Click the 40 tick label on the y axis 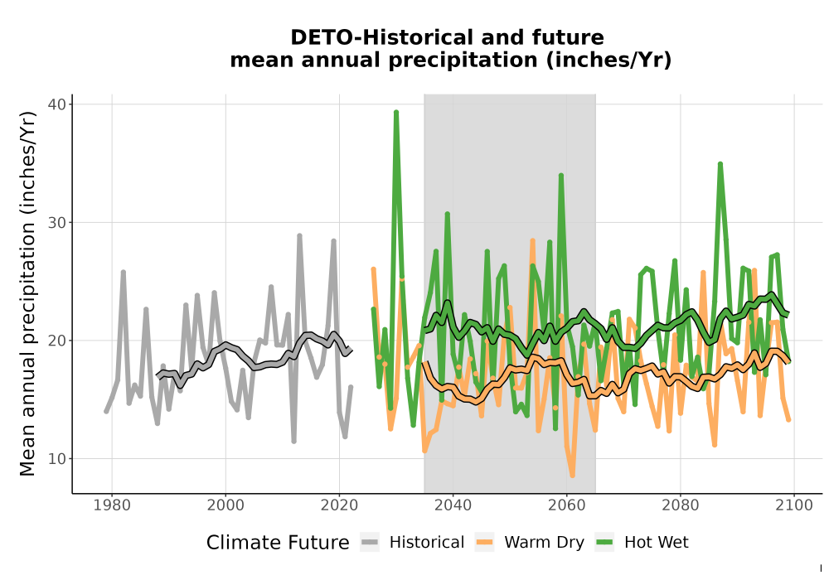pyautogui.click(x=56, y=104)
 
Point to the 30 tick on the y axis pyautogui.click(x=56, y=222)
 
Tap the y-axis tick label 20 pyautogui.click(x=56, y=341)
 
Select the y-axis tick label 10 pyautogui.click(x=56, y=459)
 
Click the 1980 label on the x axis pyautogui.click(x=112, y=505)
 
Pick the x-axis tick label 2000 pyautogui.click(x=225, y=505)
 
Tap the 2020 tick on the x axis pyautogui.click(x=339, y=505)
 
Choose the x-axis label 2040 pyautogui.click(x=453, y=505)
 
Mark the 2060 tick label pyautogui.click(x=567, y=505)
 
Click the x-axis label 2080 pyautogui.click(x=681, y=505)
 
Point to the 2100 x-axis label pyautogui.click(x=794, y=505)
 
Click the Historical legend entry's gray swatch pyautogui.click(x=370, y=542)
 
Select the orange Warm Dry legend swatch pyautogui.click(x=484, y=542)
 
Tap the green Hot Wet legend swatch pyautogui.click(x=604, y=542)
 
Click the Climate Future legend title pyautogui.click(x=278, y=543)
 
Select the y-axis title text pyautogui.click(x=27, y=293)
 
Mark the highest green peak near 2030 pyautogui.click(x=396, y=112)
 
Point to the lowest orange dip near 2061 pyautogui.click(x=573, y=476)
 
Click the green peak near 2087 pyautogui.click(x=720, y=164)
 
